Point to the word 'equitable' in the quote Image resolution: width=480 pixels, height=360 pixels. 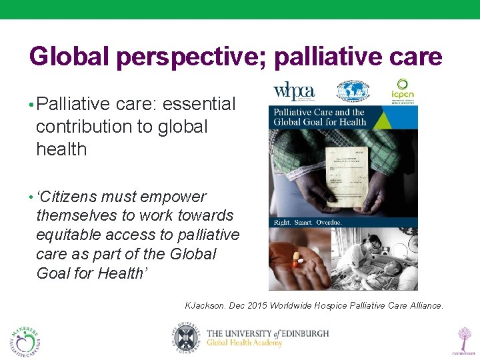(x=69, y=235)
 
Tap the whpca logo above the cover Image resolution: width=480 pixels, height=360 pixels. (x=294, y=91)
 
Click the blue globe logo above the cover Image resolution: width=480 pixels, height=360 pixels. (x=353, y=91)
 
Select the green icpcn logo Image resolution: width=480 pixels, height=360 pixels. (x=402, y=91)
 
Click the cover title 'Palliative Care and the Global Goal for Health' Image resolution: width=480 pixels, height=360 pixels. (x=320, y=117)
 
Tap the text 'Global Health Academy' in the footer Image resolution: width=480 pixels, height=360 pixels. (x=244, y=343)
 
